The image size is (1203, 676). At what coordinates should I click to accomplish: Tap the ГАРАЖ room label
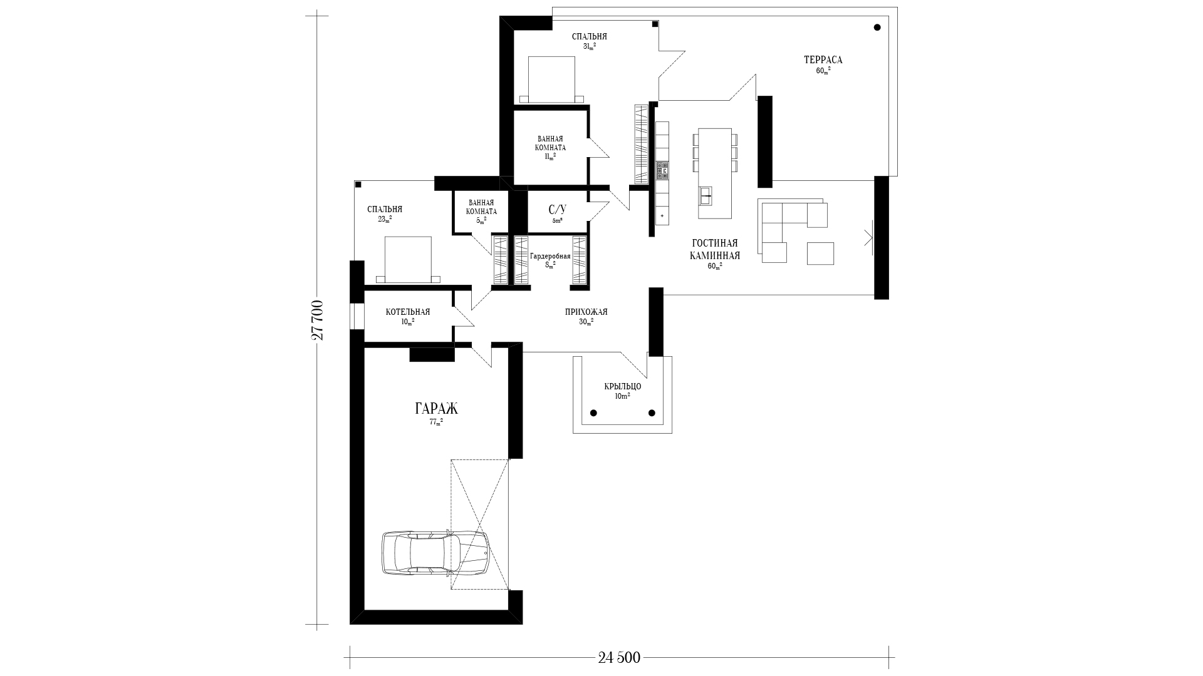436,409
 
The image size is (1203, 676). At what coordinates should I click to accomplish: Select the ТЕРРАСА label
823,60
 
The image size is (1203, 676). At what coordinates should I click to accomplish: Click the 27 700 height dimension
318,320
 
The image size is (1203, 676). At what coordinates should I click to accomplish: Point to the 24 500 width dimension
619,657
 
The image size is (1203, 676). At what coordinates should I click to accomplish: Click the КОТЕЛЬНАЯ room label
408,312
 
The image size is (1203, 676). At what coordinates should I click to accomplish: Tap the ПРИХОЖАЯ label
586,312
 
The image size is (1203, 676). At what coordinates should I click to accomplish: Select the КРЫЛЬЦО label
623,386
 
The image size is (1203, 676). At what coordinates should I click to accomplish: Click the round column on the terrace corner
877,28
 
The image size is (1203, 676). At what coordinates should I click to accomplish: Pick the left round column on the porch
593,413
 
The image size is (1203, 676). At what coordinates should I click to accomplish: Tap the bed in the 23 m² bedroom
408,259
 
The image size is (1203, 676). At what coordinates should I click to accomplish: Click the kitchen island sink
706,196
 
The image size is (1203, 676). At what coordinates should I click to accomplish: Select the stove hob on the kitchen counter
662,171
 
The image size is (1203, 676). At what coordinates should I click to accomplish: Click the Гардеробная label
550,257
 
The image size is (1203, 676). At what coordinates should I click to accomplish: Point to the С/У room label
557,209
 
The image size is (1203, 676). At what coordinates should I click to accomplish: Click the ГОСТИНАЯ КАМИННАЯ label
715,249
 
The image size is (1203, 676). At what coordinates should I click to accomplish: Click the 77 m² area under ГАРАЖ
436,422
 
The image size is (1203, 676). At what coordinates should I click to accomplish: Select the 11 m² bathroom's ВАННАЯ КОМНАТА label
550,143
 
